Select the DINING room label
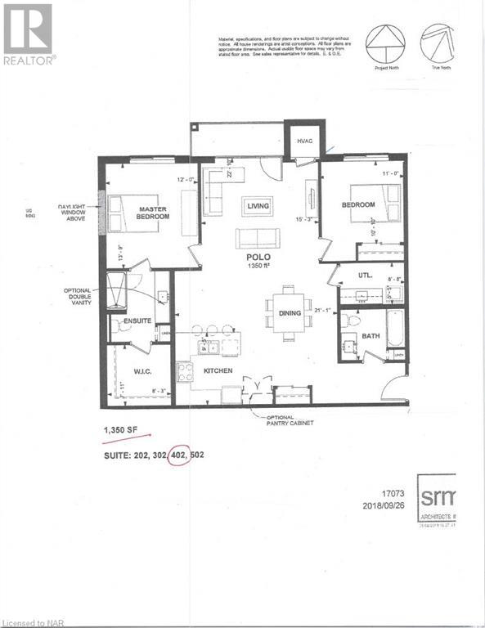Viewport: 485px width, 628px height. click(290, 313)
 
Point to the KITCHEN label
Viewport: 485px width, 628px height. click(218, 370)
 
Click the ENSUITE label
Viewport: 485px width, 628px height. click(137, 322)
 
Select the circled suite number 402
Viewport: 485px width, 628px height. click(175, 453)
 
